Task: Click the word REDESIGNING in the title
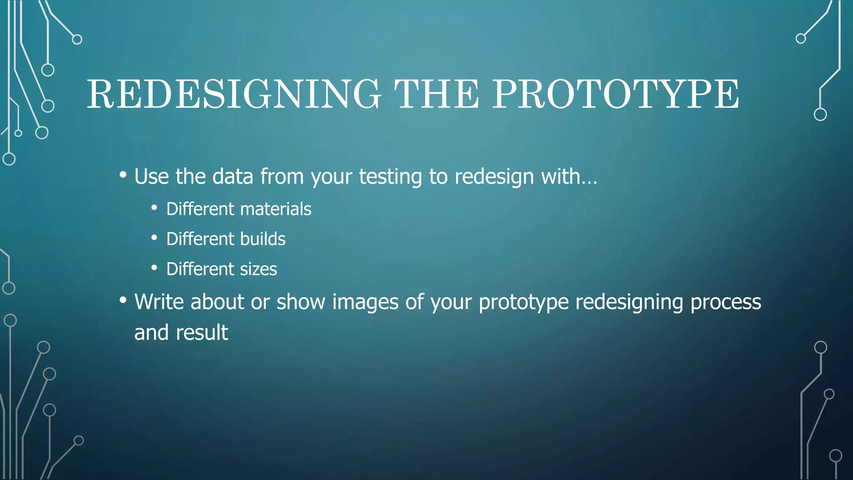coord(233,94)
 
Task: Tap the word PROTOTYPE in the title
coord(616,94)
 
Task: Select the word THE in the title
coord(436,94)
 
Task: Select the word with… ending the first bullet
coord(569,177)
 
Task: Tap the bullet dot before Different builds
coord(155,238)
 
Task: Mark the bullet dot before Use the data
coord(123,175)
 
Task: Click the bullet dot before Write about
coord(123,300)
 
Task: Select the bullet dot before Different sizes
coord(155,268)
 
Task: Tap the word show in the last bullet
coord(301,302)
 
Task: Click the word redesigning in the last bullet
coord(629,302)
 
